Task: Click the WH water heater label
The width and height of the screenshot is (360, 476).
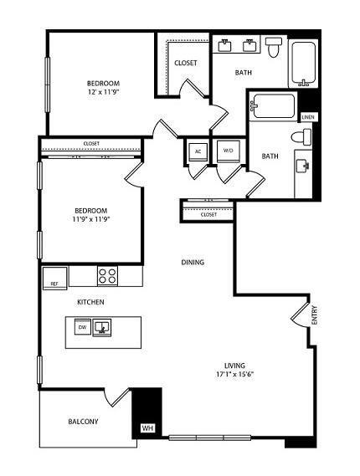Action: (x=147, y=428)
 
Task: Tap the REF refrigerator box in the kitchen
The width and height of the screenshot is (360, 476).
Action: (x=55, y=283)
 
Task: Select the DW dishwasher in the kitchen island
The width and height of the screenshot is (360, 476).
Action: (x=82, y=328)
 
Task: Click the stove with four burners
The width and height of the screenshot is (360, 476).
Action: (x=107, y=275)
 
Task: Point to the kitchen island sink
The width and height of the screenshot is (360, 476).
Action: (x=102, y=327)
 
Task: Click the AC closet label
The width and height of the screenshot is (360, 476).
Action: (x=198, y=151)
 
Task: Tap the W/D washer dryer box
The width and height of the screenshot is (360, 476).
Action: (x=227, y=151)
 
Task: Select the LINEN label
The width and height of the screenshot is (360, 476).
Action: (x=308, y=118)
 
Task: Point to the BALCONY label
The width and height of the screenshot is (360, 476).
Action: (x=83, y=422)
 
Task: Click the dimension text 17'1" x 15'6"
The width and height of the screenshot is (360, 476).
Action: (x=233, y=374)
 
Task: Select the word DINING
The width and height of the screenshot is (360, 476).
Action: (x=193, y=263)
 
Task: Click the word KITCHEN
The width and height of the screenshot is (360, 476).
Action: (x=90, y=301)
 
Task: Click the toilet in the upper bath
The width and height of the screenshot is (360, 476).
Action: (x=275, y=49)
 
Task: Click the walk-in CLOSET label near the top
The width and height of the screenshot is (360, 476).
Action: (x=185, y=64)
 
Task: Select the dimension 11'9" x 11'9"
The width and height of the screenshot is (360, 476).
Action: (x=92, y=219)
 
